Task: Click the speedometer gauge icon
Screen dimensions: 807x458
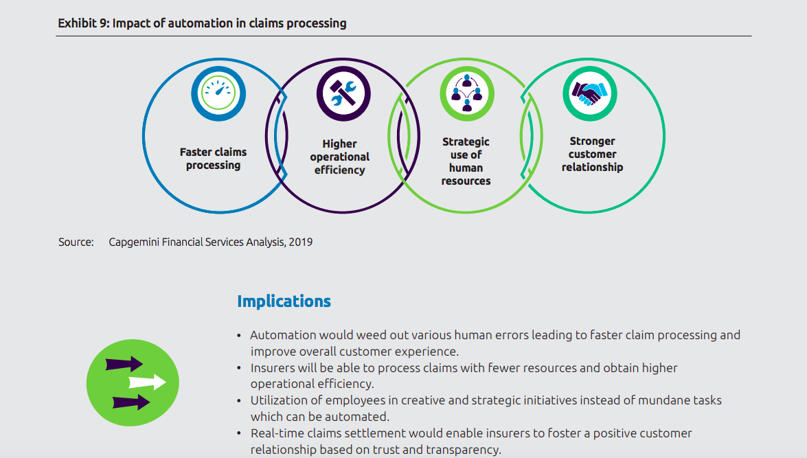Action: click(218, 93)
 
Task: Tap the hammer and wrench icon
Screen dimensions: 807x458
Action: click(343, 93)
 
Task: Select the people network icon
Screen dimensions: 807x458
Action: click(467, 93)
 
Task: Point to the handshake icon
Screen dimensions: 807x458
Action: click(590, 93)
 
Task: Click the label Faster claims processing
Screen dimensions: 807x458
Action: click(213, 159)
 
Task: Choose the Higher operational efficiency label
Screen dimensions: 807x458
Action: click(340, 157)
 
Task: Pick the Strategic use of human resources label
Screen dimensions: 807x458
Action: click(466, 161)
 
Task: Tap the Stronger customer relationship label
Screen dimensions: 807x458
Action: click(593, 154)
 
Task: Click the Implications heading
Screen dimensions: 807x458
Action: click(284, 301)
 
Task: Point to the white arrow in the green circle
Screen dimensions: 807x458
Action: click(147, 382)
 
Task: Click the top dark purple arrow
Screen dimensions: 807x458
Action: click(124, 364)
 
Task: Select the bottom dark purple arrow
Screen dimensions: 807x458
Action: click(131, 402)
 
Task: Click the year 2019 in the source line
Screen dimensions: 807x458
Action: click(301, 242)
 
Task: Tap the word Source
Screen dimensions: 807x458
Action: click(76, 242)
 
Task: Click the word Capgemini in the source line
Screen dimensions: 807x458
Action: click(134, 242)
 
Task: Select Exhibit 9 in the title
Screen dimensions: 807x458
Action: click(82, 23)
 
